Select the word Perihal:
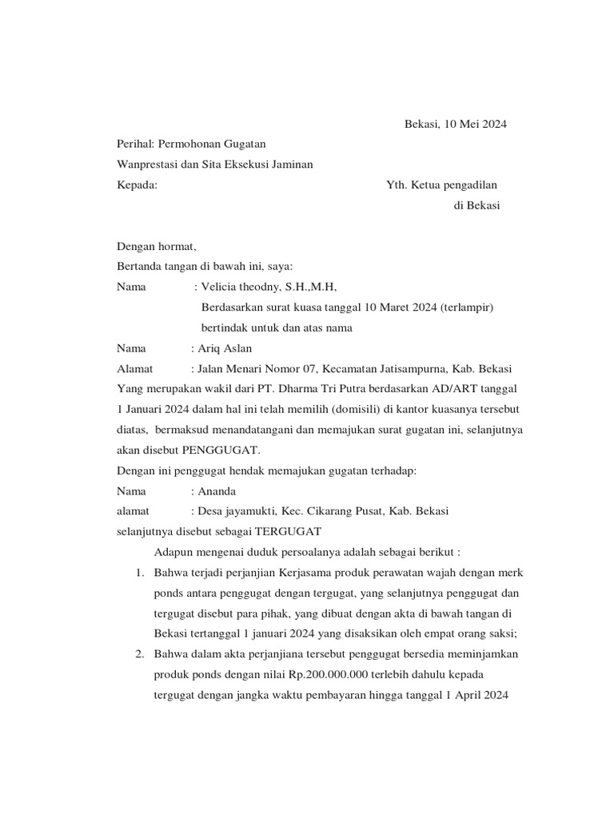pos(135,144)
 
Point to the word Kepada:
pos(137,185)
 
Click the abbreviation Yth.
pos(397,185)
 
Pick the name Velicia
pos(221,287)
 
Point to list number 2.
pos(139,654)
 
